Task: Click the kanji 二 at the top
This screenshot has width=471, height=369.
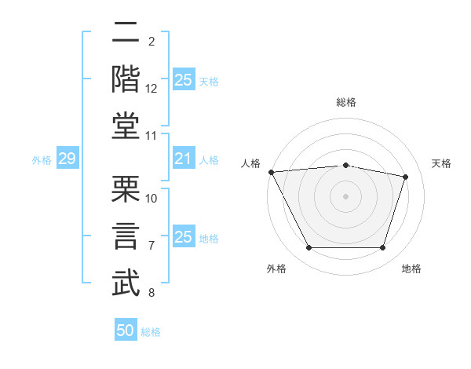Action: tap(126, 34)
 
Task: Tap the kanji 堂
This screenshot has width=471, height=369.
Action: tap(126, 124)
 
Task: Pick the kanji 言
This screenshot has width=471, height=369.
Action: tap(126, 236)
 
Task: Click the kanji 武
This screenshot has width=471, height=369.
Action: tap(126, 283)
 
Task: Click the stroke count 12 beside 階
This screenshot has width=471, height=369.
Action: tap(152, 89)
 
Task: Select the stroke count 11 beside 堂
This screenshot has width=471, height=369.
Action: tap(152, 136)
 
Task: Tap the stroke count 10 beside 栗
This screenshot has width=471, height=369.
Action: tap(152, 198)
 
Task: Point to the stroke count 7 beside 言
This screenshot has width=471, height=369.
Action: tap(152, 246)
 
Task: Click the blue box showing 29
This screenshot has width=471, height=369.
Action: tap(67, 159)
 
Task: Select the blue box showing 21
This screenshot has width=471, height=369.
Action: tap(183, 159)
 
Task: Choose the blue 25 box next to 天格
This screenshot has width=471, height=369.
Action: tap(183, 80)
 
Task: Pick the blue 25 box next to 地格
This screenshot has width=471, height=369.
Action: tap(183, 237)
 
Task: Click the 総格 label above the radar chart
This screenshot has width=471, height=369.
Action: tap(345, 102)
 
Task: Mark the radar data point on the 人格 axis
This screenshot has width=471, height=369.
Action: tap(271, 172)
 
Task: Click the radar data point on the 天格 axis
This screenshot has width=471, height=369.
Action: tap(405, 177)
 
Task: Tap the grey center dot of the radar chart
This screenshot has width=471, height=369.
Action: tap(345, 195)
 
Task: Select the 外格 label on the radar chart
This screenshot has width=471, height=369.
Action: tap(276, 269)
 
